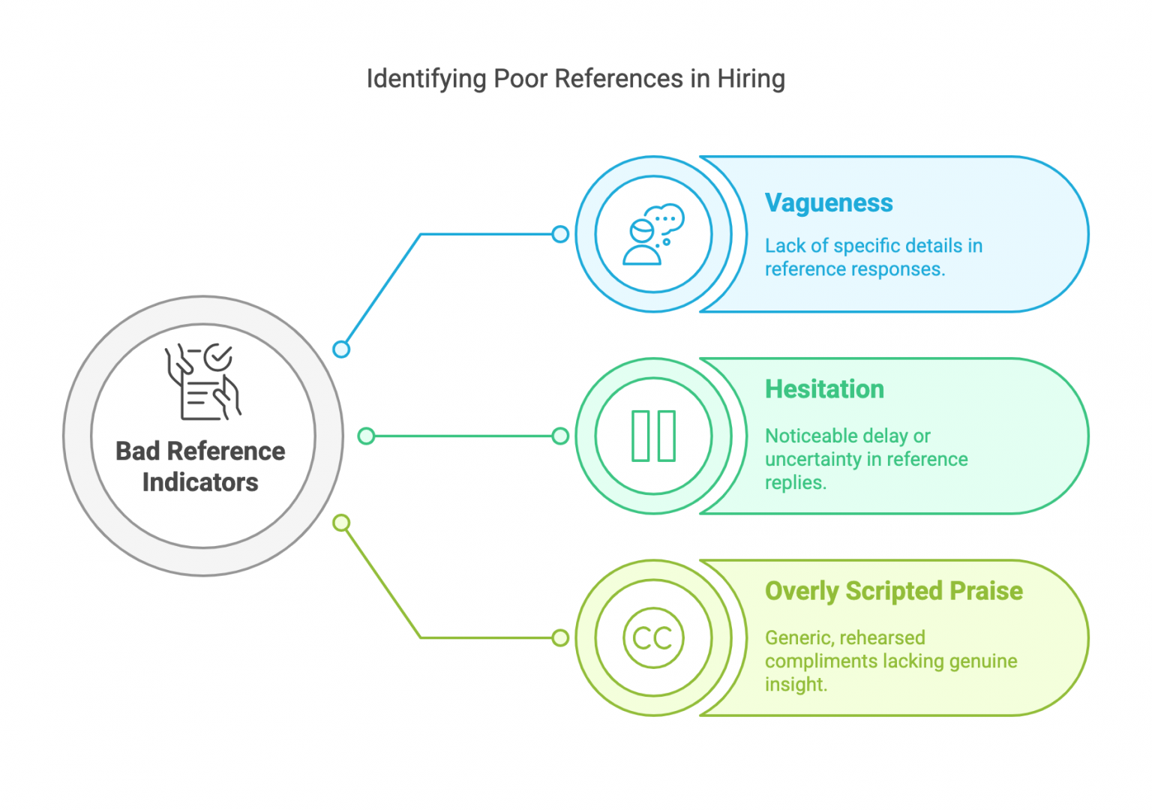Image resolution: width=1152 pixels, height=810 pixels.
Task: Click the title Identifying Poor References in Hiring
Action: pos(575,79)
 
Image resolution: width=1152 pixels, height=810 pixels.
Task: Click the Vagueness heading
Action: pos(829,202)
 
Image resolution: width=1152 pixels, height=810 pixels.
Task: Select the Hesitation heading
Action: pos(824,389)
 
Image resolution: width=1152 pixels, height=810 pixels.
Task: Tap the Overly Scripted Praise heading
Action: pos(893,591)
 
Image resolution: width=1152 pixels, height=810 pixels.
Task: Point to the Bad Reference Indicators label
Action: pos(200,466)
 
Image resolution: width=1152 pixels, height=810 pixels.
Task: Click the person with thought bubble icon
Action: pos(653,234)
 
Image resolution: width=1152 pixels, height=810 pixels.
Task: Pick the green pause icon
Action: pos(653,436)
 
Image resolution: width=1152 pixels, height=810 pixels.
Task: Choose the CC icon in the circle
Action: pos(653,638)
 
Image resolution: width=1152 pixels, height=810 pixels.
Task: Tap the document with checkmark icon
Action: pos(202,382)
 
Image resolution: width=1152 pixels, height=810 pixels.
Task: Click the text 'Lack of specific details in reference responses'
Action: pos(873,257)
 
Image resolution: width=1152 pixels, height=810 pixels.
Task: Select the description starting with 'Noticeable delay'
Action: pos(866,459)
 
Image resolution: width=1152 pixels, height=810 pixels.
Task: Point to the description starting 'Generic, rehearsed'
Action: pos(890,661)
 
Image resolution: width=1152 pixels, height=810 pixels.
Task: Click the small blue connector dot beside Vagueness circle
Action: pos(560,234)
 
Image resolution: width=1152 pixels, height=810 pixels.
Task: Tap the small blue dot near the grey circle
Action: pos(341,349)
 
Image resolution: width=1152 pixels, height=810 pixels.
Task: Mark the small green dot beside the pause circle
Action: pos(560,436)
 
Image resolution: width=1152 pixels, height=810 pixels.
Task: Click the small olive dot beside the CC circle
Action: pos(560,638)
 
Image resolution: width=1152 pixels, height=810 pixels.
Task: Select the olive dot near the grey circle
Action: pos(341,523)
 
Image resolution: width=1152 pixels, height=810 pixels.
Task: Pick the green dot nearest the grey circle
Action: pos(366,436)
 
